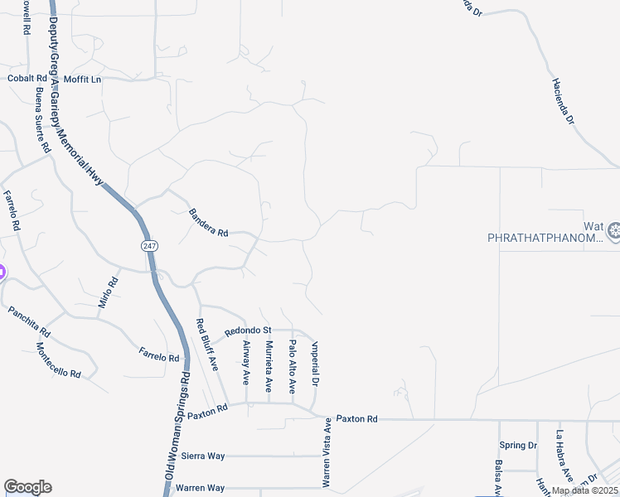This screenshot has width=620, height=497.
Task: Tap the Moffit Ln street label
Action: click(x=84, y=80)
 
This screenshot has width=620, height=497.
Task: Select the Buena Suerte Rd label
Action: click(x=41, y=123)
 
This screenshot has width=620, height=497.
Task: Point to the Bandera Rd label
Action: click(x=208, y=222)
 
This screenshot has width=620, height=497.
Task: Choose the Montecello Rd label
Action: click(x=59, y=361)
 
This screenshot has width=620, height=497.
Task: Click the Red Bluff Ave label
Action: click(x=206, y=343)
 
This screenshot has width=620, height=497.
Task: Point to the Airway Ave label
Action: click(x=246, y=362)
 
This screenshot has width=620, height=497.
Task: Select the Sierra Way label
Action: click(x=203, y=456)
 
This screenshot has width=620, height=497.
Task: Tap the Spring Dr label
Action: click(x=518, y=446)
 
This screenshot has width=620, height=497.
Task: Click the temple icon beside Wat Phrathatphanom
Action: click(x=613, y=232)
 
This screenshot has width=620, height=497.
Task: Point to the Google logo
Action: click(x=28, y=487)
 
